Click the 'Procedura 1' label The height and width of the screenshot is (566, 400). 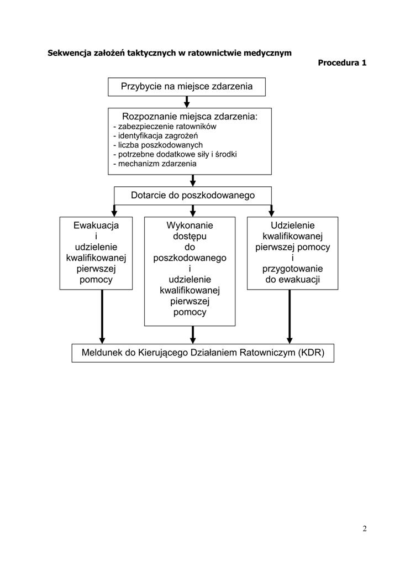tap(342, 63)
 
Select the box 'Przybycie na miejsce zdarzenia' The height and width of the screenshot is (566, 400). tap(187, 87)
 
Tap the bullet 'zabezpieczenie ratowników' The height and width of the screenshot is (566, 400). tap(165, 127)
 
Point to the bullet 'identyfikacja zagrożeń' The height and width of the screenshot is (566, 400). tap(155, 136)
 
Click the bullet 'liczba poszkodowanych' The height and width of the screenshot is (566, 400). tap(158, 145)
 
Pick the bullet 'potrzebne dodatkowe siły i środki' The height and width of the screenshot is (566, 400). tap(175, 154)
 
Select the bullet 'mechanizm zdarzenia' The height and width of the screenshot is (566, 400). tap(155, 164)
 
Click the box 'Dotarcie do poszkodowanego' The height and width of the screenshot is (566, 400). tap(193, 196)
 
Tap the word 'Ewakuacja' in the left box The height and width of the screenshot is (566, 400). tap(96, 226)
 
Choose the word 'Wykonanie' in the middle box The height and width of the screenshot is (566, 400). tap(190, 226)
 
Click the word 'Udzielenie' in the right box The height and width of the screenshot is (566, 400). tap(292, 226)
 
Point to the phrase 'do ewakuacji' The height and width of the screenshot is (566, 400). tap(292, 279)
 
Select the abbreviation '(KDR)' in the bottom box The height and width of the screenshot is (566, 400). tap(311, 353)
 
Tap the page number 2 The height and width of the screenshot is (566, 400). tap(365, 529)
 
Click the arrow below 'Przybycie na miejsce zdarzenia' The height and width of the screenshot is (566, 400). tap(187, 102)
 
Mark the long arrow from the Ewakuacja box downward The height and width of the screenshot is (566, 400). tap(102, 317)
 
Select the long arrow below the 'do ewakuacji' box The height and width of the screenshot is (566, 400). tap(290, 317)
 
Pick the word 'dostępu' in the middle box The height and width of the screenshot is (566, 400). tap(190, 237)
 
